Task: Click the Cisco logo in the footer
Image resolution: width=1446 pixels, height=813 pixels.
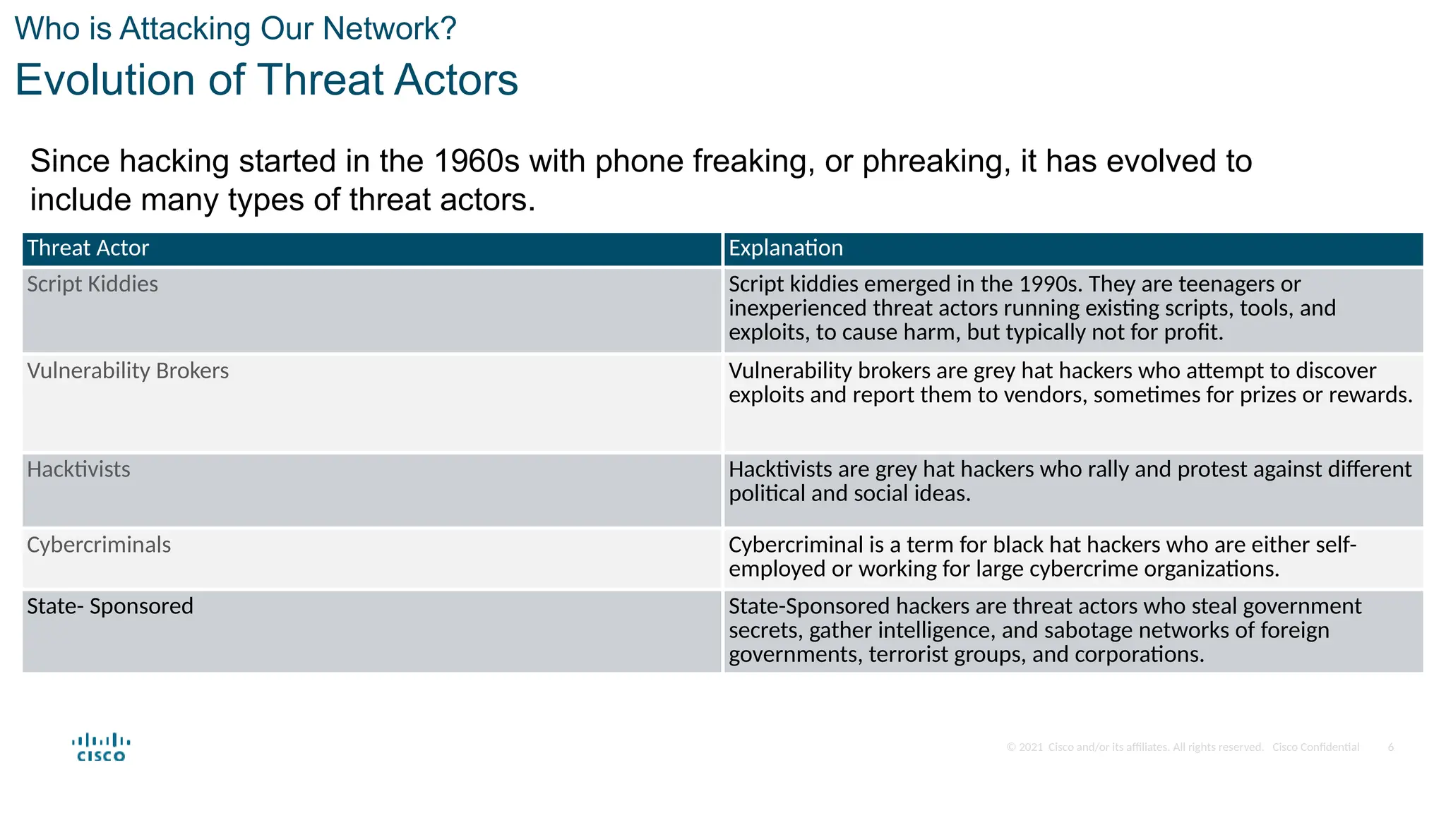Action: click(x=101, y=747)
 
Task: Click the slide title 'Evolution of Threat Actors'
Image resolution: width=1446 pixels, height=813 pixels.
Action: click(x=266, y=79)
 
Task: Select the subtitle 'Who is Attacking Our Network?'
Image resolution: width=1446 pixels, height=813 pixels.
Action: click(x=235, y=29)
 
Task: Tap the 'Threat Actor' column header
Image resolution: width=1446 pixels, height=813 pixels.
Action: click(x=88, y=248)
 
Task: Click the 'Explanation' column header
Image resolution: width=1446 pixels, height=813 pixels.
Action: click(x=785, y=248)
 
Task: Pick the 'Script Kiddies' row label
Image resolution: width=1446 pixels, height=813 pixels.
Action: click(x=92, y=284)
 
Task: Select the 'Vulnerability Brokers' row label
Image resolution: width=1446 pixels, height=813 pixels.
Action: click(x=128, y=371)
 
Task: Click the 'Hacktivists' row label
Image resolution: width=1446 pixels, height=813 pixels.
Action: click(x=78, y=469)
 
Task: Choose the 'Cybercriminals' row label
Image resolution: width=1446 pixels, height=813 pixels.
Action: click(x=99, y=545)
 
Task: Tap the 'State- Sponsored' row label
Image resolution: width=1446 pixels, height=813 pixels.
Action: click(x=110, y=606)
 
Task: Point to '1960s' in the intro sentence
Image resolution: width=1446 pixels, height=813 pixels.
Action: click(x=477, y=162)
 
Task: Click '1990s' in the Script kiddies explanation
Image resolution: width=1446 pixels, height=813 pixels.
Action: click(x=1050, y=284)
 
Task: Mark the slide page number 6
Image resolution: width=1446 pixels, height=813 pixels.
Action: click(x=1390, y=747)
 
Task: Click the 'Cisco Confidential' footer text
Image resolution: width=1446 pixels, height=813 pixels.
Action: click(x=1315, y=747)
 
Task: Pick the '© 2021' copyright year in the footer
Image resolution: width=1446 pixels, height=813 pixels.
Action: click(x=1024, y=747)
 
